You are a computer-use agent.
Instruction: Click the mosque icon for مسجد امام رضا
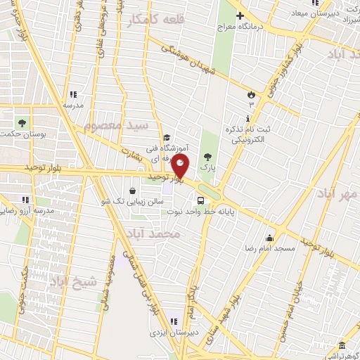pos(269,238)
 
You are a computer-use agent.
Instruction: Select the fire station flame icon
pos(251,94)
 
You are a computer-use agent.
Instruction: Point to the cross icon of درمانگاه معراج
pos(240,15)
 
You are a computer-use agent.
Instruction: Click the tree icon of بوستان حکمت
pos(22,122)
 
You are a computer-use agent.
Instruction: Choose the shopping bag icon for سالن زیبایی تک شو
pos(133,190)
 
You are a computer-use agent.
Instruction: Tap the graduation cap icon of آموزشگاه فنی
pos(167,138)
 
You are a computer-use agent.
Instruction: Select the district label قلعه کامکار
pos(155,20)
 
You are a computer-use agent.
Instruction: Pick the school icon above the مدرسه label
pos(72,94)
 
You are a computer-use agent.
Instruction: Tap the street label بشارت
pos(131,151)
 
